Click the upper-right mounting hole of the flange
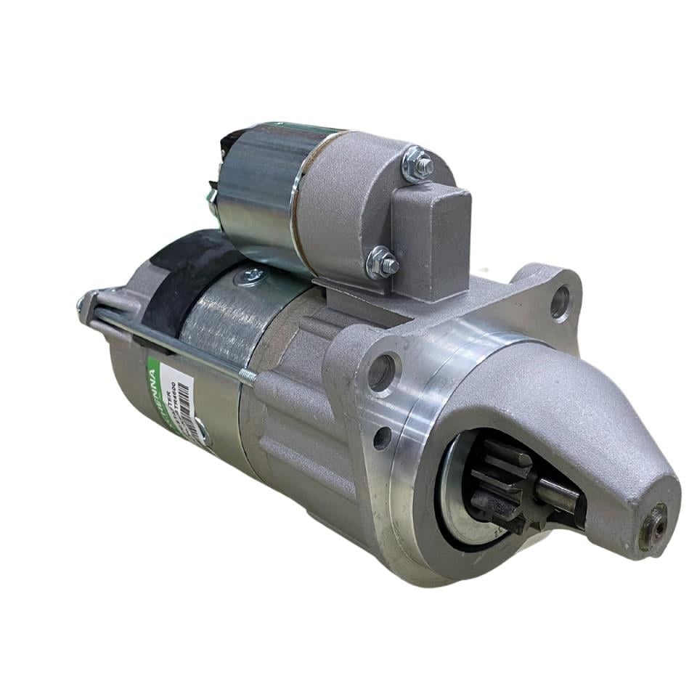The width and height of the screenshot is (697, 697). tap(561, 302)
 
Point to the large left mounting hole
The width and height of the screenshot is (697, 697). tap(382, 372)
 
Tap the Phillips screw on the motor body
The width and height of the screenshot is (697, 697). tap(253, 275)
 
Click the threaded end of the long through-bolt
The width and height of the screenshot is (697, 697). tap(247, 375)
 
